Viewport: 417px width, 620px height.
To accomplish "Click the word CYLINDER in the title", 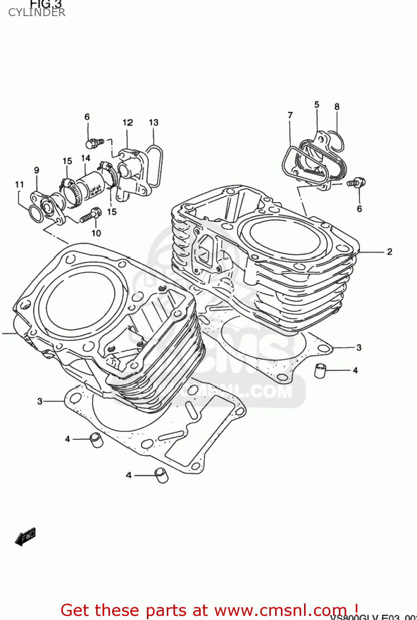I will click(36, 12).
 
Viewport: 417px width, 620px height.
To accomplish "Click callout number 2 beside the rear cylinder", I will click(389, 251).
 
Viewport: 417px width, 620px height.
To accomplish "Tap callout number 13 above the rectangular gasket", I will click(153, 122).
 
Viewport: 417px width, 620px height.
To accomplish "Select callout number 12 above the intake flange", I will click(127, 122).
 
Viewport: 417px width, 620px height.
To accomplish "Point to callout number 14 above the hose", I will click(85, 158).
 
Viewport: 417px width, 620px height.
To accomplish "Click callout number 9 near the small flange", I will click(36, 170).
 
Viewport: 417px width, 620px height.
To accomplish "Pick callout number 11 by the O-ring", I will click(19, 184).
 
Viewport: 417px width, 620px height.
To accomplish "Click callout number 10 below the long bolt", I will click(96, 233).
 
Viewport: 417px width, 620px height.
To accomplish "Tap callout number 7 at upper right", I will click(290, 115).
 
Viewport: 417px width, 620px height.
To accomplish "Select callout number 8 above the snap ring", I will click(337, 107).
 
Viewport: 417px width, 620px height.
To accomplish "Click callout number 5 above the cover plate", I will click(316, 105).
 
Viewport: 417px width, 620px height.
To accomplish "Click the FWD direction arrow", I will click(26, 537).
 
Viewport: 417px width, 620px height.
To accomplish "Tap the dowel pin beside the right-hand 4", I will click(320, 370).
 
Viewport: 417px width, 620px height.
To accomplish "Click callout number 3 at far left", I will click(40, 401).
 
